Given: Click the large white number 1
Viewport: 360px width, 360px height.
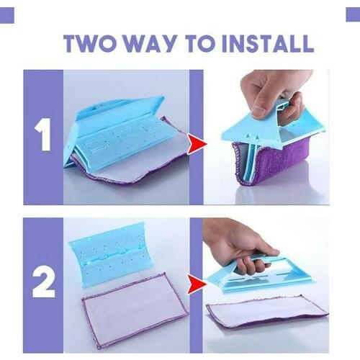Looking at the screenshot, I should pos(42,135).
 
